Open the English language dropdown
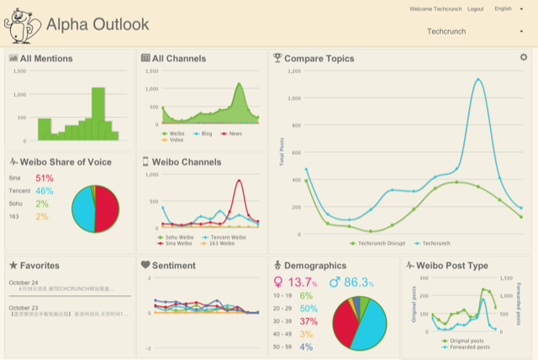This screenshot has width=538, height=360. tap(507, 8)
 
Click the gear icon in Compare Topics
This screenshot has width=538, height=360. tap(524, 57)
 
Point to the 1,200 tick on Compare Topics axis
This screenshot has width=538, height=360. tap(294, 71)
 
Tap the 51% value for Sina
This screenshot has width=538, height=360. tap(45, 178)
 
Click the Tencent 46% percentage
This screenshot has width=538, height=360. tap(45, 191)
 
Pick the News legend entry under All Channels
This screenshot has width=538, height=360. tap(235, 133)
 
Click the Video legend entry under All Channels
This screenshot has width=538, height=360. tap(176, 140)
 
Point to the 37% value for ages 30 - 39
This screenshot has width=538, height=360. tap(309, 321)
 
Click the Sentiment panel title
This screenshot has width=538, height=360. tap(173, 266)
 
